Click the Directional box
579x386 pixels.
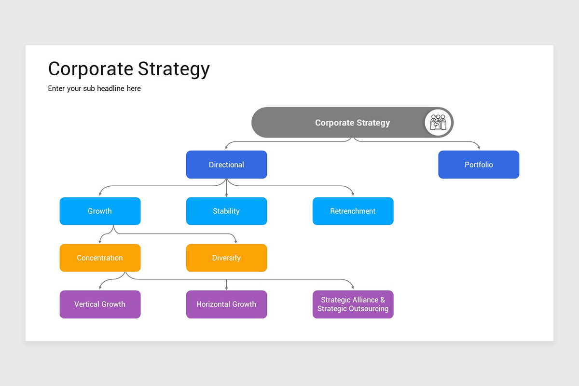point(226,165)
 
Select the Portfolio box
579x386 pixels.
point(479,165)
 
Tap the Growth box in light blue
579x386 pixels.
point(100,211)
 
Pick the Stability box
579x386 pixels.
point(226,211)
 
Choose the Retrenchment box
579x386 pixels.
point(353,211)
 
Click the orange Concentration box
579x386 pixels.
point(100,258)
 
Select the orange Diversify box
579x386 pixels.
point(226,258)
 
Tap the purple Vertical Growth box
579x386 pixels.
point(100,304)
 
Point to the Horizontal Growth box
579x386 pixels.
point(226,304)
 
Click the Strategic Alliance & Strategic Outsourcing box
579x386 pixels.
point(353,304)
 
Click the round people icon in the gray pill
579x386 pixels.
point(438,123)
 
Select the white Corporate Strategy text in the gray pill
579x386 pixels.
point(352,123)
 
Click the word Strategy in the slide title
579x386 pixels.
point(174,69)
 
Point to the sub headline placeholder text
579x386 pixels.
point(95,88)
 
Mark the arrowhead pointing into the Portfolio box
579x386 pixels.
point(479,148)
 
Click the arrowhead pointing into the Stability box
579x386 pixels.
point(227,194)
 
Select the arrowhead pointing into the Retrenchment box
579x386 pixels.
point(353,194)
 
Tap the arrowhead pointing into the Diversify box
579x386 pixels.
point(235,241)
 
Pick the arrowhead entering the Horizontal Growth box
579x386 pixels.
point(227,288)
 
